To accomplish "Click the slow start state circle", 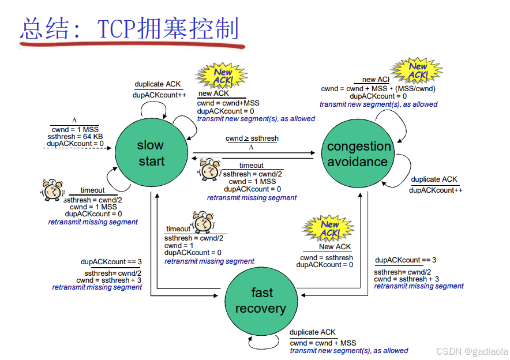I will [151, 153].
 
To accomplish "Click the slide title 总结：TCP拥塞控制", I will [129, 28].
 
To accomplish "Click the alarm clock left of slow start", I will [51, 190].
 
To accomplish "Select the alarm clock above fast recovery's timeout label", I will [202, 222].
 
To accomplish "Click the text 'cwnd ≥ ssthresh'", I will [252, 138].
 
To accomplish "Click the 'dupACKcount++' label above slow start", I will [159, 95].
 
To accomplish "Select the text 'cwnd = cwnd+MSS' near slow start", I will [228, 103].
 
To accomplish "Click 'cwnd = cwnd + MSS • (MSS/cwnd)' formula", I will [378, 89].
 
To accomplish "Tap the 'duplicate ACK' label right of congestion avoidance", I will [434, 179].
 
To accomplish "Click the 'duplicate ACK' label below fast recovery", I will [312, 332].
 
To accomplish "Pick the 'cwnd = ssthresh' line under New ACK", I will [327, 257].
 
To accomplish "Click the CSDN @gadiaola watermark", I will [471, 351].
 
